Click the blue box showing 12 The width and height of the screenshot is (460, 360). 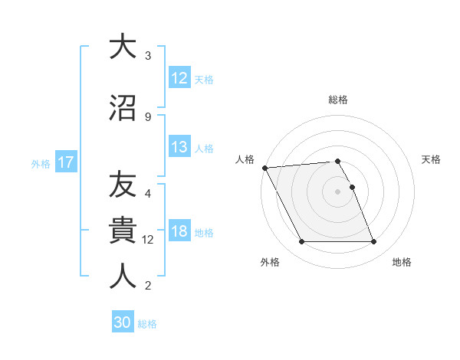pyautogui.click(x=179, y=77)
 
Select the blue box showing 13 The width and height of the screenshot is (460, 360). pyautogui.click(x=179, y=147)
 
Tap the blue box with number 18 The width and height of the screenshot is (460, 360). pyautogui.click(x=179, y=231)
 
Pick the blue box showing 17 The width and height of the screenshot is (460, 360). pyautogui.click(x=65, y=162)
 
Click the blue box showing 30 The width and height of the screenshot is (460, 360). pyautogui.click(x=123, y=322)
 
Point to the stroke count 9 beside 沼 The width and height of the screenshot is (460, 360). pyautogui.click(x=148, y=116)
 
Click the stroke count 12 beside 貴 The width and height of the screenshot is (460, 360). pyautogui.click(x=149, y=240)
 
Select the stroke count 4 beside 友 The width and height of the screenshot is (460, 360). pyautogui.click(x=148, y=194)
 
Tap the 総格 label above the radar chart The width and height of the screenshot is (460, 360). pyautogui.click(x=338, y=100)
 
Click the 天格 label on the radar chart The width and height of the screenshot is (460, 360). pyautogui.click(x=432, y=159)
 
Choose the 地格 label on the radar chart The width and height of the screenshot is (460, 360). pyautogui.click(x=402, y=263)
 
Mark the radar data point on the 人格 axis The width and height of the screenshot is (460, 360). pyautogui.click(x=264, y=168)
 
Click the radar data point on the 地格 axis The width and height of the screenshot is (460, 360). pyautogui.click(x=373, y=242)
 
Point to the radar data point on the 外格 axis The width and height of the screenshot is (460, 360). pyautogui.click(x=301, y=242)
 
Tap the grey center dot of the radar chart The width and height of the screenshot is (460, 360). pyautogui.click(x=337, y=191)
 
